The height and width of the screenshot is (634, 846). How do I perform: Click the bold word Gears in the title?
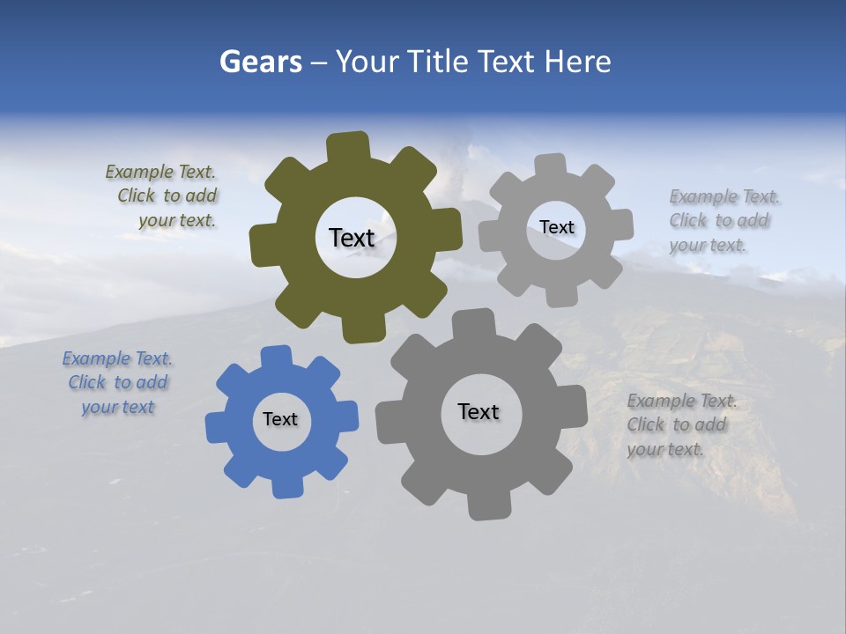point(261,62)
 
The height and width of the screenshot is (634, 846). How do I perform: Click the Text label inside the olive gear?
point(352,238)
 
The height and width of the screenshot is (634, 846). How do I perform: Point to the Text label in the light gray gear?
point(556,227)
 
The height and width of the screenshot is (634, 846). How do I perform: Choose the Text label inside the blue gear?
point(280,419)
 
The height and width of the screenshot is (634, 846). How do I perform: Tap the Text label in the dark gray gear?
point(479,411)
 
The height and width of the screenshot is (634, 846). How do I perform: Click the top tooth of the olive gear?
point(348,146)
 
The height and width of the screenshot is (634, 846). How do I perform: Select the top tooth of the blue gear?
point(276,357)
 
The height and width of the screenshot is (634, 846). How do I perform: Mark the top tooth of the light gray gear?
point(550,166)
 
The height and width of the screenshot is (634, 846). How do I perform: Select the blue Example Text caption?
point(117,383)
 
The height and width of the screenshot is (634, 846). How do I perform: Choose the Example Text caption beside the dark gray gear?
point(679,425)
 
